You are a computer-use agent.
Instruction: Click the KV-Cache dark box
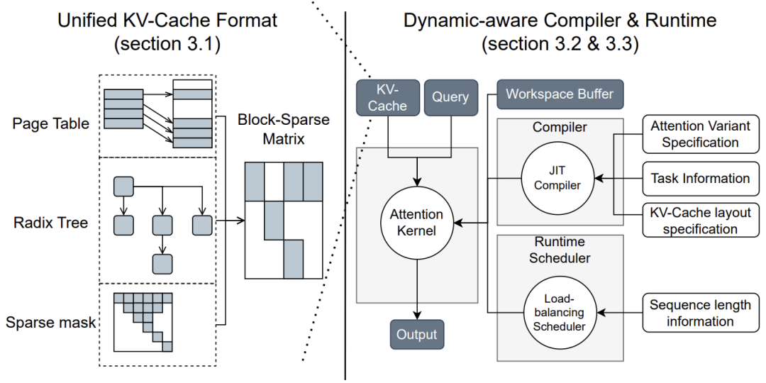point(388,97)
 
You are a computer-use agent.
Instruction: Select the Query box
point(450,97)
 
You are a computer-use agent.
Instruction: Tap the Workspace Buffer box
point(560,94)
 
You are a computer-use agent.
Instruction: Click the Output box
point(417,334)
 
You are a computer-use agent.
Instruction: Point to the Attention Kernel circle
point(417,223)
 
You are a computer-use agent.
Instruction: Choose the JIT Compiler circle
point(557,177)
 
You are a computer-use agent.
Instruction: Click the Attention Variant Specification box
point(700,134)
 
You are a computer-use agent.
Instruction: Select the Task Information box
point(700,179)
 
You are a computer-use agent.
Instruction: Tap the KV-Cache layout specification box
point(700,220)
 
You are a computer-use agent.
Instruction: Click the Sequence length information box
point(700,313)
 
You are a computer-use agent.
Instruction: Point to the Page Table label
point(51,123)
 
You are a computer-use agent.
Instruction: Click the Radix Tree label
point(51,223)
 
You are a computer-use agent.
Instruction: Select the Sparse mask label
point(51,323)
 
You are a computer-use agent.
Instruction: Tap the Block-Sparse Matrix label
point(283,129)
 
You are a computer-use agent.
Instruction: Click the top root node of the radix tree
point(124,187)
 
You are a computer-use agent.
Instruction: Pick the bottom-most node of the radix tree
point(162,263)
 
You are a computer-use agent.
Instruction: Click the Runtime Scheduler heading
point(560,250)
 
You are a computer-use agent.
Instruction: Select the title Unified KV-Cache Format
point(167,21)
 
